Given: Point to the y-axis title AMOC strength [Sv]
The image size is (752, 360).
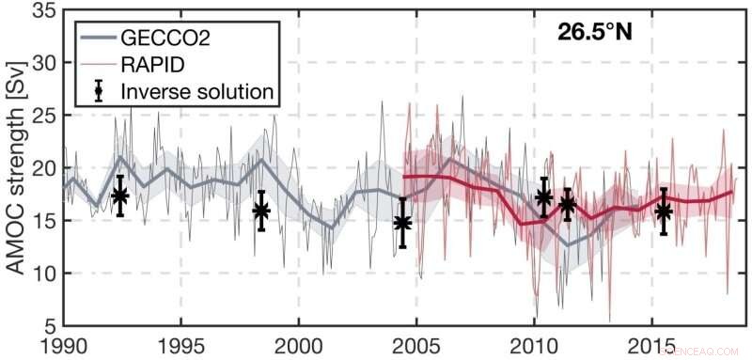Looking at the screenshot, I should pos(16,167).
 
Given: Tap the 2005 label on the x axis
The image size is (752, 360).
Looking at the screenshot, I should pos(416,344).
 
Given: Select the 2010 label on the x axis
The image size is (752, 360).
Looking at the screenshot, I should pos(534,344).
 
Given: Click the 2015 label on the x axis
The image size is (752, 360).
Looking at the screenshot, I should pos(651,344).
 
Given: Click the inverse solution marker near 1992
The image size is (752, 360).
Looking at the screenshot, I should pos(119,196).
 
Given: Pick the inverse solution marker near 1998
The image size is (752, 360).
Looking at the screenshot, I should pos(261,211).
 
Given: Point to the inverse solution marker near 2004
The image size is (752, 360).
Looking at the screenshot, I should pos(402,223).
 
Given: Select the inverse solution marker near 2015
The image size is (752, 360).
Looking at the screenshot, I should pos(664,211).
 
